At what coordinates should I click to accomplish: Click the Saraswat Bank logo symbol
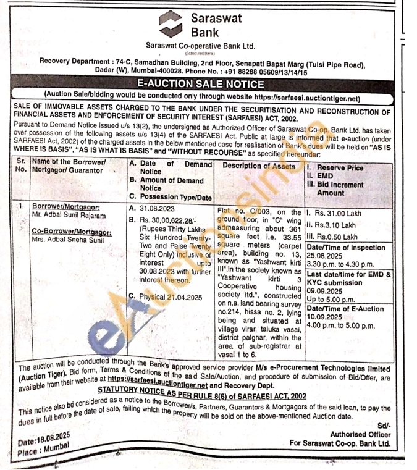[170, 24]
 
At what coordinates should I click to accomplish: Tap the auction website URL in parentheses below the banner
[306, 98]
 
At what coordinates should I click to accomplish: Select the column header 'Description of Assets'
[259, 166]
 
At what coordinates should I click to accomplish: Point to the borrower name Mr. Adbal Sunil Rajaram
[69, 216]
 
